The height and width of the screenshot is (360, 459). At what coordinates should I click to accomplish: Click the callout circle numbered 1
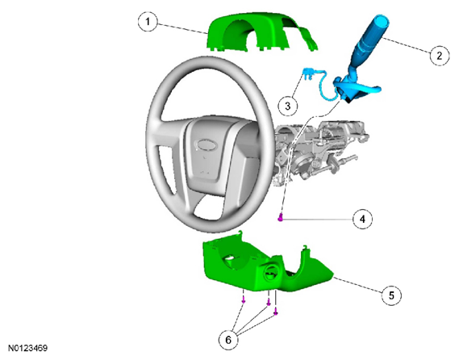pyautogui.click(x=148, y=21)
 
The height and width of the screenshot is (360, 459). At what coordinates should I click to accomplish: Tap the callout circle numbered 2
pyautogui.click(x=440, y=56)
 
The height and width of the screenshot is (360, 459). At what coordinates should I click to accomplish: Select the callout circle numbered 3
pyautogui.click(x=288, y=106)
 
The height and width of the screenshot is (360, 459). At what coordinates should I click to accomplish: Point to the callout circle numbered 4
pyautogui.click(x=362, y=219)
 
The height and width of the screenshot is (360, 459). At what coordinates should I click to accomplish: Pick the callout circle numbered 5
pyautogui.click(x=391, y=295)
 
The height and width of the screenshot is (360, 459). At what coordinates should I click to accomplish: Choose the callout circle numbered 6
pyautogui.click(x=228, y=340)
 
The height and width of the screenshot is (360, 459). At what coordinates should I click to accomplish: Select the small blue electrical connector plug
pyautogui.click(x=307, y=73)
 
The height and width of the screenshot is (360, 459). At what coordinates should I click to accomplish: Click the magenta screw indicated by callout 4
pyautogui.click(x=281, y=218)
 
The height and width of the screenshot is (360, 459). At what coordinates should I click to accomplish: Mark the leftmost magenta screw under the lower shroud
pyautogui.click(x=244, y=300)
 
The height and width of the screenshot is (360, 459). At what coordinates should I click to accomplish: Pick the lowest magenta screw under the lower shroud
pyautogui.click(x=275, y=313)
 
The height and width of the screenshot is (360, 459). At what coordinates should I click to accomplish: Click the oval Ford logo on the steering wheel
pyautogui.click(x=206, y=144)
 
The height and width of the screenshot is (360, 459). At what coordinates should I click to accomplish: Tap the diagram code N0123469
pyautogui.click(x=27, y=348)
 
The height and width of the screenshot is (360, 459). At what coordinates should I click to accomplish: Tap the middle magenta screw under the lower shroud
pyautogui.click(x=269, y=303)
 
